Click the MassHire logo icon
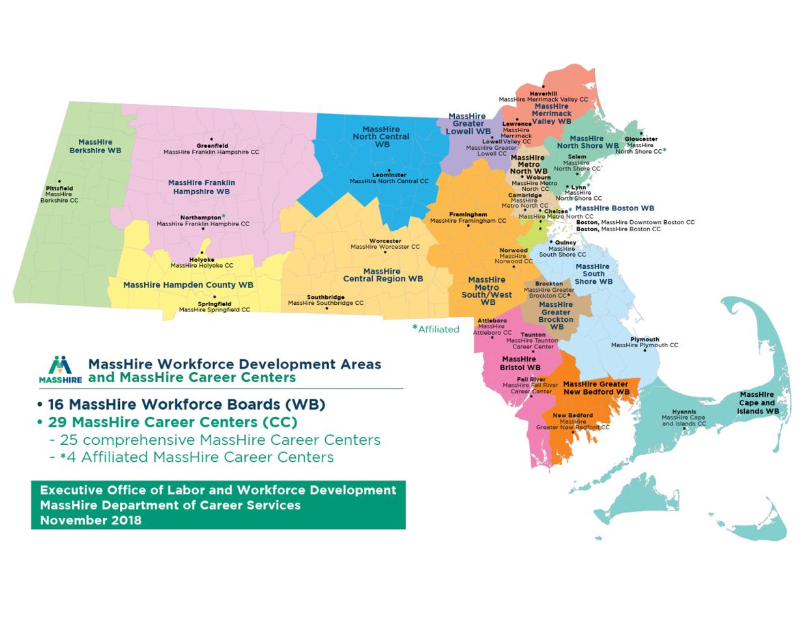(59, 369)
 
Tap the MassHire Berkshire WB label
(95, 146)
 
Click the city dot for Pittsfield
(59, 182)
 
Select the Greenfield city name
(212, 146)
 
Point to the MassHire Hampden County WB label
(188, 285)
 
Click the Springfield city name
(214, 304)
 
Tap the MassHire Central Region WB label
(382, 275)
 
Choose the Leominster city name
(389, 175)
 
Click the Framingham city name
(468, 214)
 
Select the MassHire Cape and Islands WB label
(757, 403)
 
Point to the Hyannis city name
(684, 412)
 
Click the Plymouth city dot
(644, 351)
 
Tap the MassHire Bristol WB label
(519, 363)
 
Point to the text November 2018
(90, 520)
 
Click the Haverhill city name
(543, 94)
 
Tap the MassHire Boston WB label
(614, 208)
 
